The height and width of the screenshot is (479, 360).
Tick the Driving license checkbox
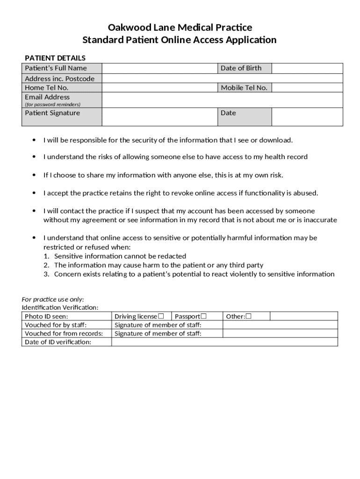(x=161, y=316)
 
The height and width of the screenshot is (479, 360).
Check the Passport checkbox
(x=203, y=316)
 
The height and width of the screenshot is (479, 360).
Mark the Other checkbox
(x=249, y=316)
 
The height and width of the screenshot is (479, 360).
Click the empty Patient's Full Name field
(x=159, y=68)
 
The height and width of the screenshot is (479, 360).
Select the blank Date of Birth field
(x=307, y=68)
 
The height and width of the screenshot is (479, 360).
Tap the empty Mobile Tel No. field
(x=307, y=87)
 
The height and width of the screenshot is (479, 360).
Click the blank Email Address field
(x=222, y=100)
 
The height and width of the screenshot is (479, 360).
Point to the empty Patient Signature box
(x=159, y=117)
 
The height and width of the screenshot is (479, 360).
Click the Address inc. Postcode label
(x=59, y=79)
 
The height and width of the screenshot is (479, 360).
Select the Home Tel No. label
(x=47, y=87)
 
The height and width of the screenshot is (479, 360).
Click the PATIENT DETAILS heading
(x=55, y=58)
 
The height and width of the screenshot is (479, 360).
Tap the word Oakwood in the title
(x=126, y=28)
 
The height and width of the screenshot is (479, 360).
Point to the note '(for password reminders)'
(x=52, y=104)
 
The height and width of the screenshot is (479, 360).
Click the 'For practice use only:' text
(x=53, y=299)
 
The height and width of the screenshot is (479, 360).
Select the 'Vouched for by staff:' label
(x=56, y=325)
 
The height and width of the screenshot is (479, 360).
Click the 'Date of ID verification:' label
(x=58, y=342)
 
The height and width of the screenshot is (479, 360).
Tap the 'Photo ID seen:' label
(x=46, y=316)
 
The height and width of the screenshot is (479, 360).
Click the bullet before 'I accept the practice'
(x=34, y=193)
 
